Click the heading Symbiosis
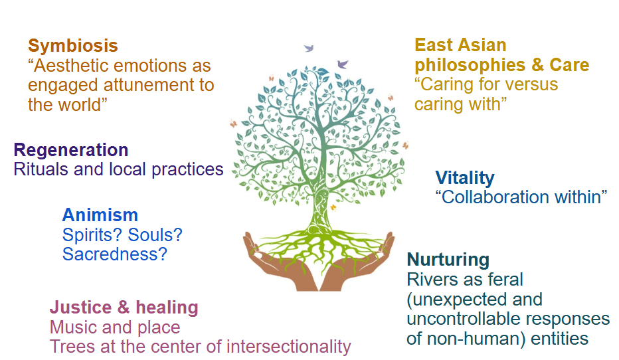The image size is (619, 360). (x=73, y=46)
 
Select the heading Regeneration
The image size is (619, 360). (x=71, y=149)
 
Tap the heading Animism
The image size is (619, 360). (x=100, y=215)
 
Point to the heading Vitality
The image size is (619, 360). (x=465, y=178)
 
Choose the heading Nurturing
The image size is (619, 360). (x=448, y=259)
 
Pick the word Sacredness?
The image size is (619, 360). (x=114, y=254)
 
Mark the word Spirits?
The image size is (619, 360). (x=92, y=234)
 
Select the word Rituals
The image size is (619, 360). (x=41, y=169)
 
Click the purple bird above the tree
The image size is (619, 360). (x=343, y=64)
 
